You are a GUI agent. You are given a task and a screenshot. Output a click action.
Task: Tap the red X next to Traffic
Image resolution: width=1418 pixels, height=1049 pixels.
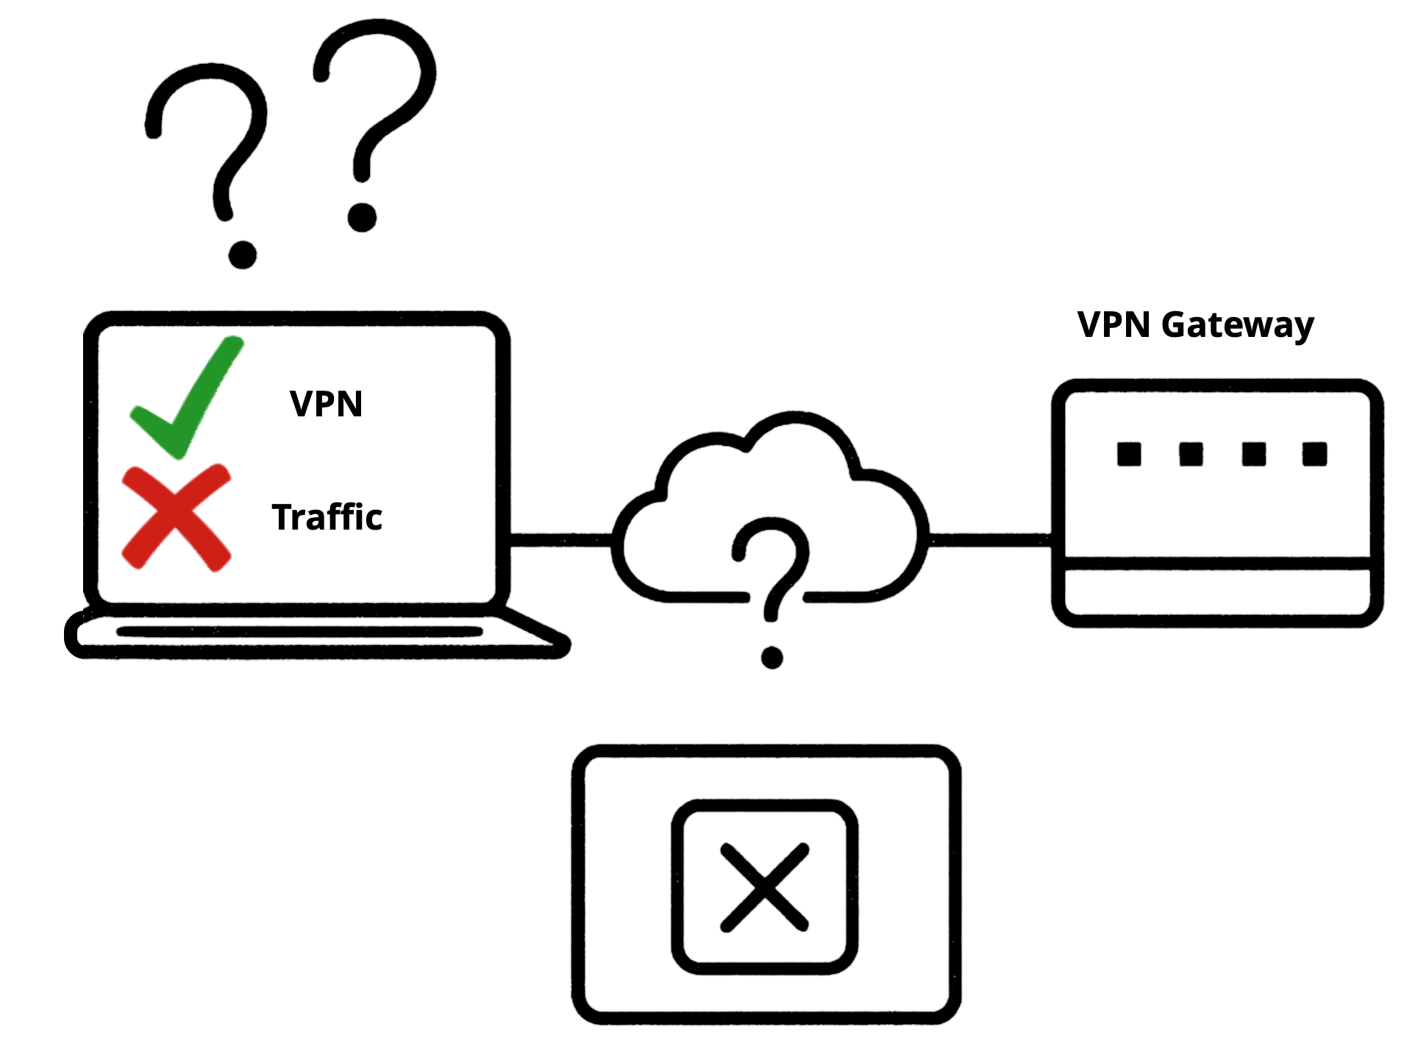point(177,518)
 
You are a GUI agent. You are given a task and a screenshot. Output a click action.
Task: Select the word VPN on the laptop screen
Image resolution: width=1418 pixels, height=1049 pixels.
point(326,404)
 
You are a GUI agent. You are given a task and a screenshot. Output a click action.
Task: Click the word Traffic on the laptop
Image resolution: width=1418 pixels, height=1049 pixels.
point(327,517)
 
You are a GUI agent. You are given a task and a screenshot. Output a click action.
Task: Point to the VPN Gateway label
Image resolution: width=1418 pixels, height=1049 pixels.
point(1195,325)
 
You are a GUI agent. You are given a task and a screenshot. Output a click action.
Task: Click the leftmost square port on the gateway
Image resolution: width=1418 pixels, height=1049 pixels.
point(1129,454)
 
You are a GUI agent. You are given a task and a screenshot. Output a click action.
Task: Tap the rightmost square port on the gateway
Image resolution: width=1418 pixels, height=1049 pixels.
point(1314,454)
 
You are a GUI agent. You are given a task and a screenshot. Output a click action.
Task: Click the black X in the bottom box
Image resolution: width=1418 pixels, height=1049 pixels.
point(765,887)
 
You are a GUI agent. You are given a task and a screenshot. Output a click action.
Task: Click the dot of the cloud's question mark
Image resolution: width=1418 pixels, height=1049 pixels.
point(772,658)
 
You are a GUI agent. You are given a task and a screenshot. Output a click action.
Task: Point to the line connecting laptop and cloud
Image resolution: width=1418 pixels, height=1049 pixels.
point(561,541)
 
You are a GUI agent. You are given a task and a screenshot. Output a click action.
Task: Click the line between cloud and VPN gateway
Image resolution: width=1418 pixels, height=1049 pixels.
point(990,541)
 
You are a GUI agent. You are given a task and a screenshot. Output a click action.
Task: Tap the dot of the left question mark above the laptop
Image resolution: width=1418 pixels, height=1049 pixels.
point(243,255)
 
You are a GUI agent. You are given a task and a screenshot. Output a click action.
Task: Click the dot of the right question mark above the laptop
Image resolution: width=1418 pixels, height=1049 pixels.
point(362,217)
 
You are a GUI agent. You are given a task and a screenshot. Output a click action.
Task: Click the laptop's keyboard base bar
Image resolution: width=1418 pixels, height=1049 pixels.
point(299,632)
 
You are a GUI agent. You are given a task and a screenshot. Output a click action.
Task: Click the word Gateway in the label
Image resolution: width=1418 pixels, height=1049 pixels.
point(1238,325)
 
